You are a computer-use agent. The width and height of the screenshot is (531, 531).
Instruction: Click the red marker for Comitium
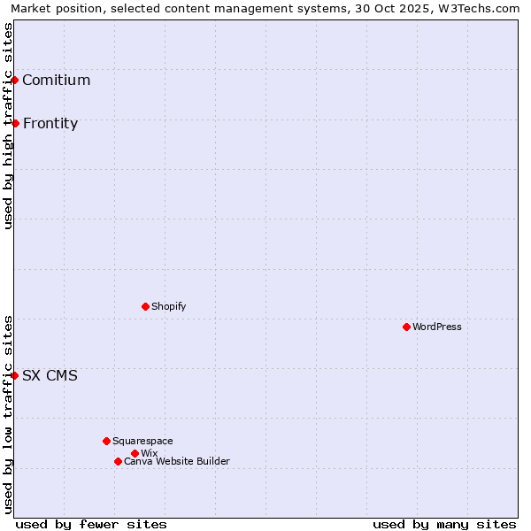15,81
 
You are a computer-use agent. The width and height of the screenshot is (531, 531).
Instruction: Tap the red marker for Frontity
15,123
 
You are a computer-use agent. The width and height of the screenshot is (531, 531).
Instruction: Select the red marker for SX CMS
15,375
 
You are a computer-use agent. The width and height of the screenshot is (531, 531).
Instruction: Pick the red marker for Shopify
145,306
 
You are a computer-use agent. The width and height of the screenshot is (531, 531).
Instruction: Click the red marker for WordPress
406,327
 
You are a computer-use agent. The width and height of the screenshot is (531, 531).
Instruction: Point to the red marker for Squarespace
106,441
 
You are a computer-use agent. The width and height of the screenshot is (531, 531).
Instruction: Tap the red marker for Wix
135,453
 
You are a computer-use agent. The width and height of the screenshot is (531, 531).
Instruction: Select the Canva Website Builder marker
118,461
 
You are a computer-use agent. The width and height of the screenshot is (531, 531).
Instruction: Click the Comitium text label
57,81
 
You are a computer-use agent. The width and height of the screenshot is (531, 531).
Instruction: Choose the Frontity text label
50,124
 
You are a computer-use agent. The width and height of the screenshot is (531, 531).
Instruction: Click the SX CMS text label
50,376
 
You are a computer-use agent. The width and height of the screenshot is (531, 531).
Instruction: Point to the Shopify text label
169,307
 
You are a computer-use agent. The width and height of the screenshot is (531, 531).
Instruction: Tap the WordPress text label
437,327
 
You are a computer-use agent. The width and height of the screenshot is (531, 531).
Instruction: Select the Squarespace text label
142,442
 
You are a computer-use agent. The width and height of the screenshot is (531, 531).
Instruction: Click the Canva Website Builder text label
177,462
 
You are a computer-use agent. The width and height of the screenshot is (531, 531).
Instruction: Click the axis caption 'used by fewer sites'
91,525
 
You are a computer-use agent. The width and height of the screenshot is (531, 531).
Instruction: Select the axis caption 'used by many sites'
444,525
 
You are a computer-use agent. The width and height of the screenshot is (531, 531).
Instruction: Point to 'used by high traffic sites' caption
8,126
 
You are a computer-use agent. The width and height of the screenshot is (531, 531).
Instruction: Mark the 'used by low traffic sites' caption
8,414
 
